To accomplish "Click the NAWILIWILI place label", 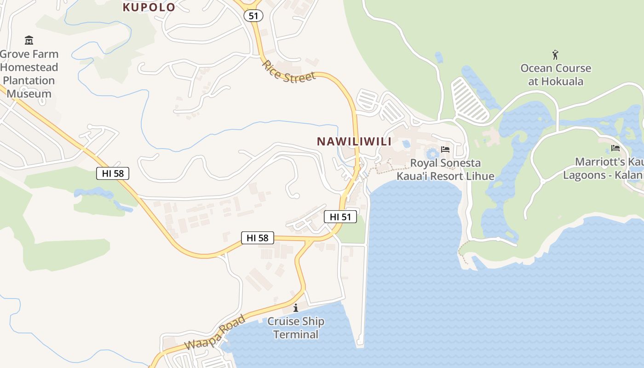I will tap(354, 142).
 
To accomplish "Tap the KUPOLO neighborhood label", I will tap(149, 7).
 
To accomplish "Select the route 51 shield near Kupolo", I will tap(253, 16).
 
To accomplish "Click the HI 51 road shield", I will tap(340, 217).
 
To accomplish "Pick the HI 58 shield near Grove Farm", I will tap(113, 173).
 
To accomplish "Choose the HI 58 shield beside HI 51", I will tap(258, 238).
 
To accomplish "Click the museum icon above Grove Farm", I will tap(29, 40).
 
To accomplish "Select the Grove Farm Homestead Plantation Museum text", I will tap(29, 74).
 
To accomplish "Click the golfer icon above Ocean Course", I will tap(555, 55).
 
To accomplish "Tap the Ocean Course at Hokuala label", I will tap(556, 75).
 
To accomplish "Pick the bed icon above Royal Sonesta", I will tap(445, 149).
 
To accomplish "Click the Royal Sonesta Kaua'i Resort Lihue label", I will tap(445, 169).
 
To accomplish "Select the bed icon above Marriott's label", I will tap(615, 148).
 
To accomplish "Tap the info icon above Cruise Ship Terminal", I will tap(295, 307).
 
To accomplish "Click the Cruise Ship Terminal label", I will tap(296, 328).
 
